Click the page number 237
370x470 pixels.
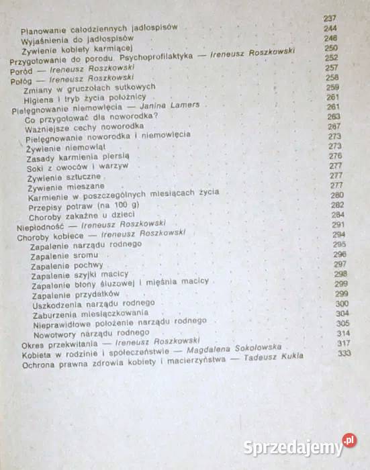328,19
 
